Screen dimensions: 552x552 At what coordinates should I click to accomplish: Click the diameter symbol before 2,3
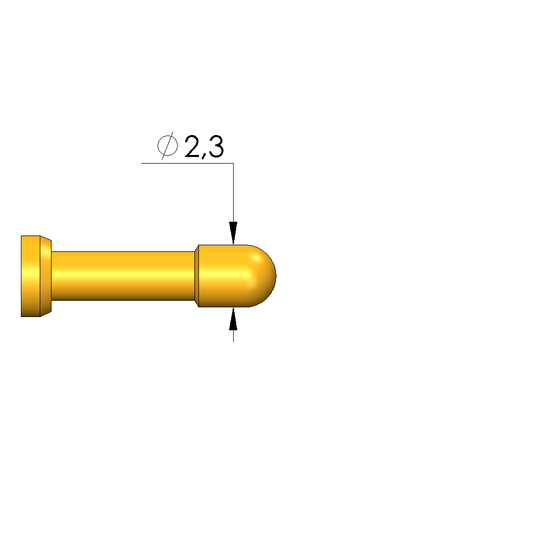point(168,145)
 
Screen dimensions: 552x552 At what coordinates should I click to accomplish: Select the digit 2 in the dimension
point(192,146)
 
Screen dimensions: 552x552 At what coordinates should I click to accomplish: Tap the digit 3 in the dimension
point(216,146)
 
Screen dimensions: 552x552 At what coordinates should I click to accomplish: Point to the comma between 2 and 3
point(204,155)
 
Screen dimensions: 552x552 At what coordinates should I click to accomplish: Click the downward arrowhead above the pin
point(233,233)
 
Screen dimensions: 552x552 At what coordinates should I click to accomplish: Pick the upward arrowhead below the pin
point(233,319)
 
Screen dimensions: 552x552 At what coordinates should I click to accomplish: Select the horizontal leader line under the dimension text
point(187,163)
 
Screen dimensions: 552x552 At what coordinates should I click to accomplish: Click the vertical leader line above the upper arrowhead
point(233,193)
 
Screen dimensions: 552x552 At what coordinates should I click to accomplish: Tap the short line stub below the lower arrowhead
point(233,336)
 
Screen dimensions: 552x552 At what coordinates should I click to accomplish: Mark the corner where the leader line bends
point(233,163)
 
